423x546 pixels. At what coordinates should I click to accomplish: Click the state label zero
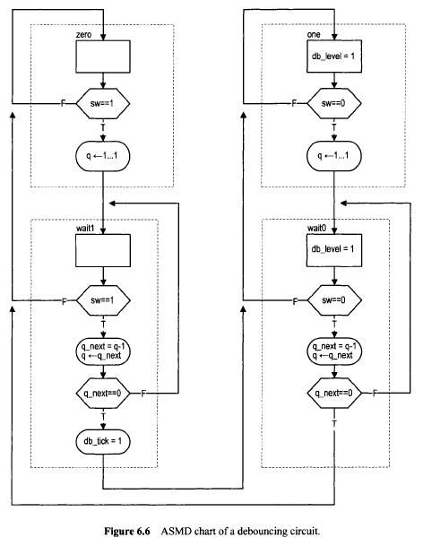pyautogui.click(x=83, y=34)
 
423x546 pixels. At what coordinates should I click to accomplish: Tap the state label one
pyautogui.click(x=314, y=34)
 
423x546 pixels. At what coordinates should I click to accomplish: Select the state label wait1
pyautogui.click(x=85, y=229)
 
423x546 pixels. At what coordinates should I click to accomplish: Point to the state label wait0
pyautogui.click(x=317, y=229)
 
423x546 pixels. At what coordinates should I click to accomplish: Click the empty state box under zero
pyautogui.click(x=103, y=56)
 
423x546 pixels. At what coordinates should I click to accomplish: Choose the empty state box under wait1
pyautogui.click(x=103, y=251)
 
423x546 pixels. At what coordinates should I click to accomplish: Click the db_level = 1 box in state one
pyautogui.click(x=334, y=56)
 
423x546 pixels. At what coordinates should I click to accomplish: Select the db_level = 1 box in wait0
pyautogui.click(x=334, y=250)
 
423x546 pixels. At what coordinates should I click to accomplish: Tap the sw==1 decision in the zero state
pyautogui.click(x=103, y=103)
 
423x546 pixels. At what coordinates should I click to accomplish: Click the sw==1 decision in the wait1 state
pyautogui.click(x=103, y=300)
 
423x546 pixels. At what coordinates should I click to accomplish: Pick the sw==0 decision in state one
pyautogui.click(x=334, y=103)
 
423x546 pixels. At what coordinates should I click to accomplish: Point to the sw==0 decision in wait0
pyautogui.click(x=334, y=300)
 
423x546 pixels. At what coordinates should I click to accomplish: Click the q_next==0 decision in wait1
pyautogui.click(x=103, y=394)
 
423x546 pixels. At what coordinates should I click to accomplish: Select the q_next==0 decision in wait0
pyautogui.click(x=334, y=393)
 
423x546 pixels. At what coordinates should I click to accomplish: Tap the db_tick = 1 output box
pyautogui.click(x=103, y=441)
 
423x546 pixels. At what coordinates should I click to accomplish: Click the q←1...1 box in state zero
pyautogui.click(x=103, y=156)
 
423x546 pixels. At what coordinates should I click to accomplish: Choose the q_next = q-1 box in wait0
pyautogui.click(x=334, y=351)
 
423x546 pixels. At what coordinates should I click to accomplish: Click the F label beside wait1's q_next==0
pyautogui.click(x=143, y=394)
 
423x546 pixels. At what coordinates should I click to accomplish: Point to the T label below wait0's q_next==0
pyautogui.click(x=334, y=423)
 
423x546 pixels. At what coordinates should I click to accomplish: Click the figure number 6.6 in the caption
pyautogui.click(x=142, y=532)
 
